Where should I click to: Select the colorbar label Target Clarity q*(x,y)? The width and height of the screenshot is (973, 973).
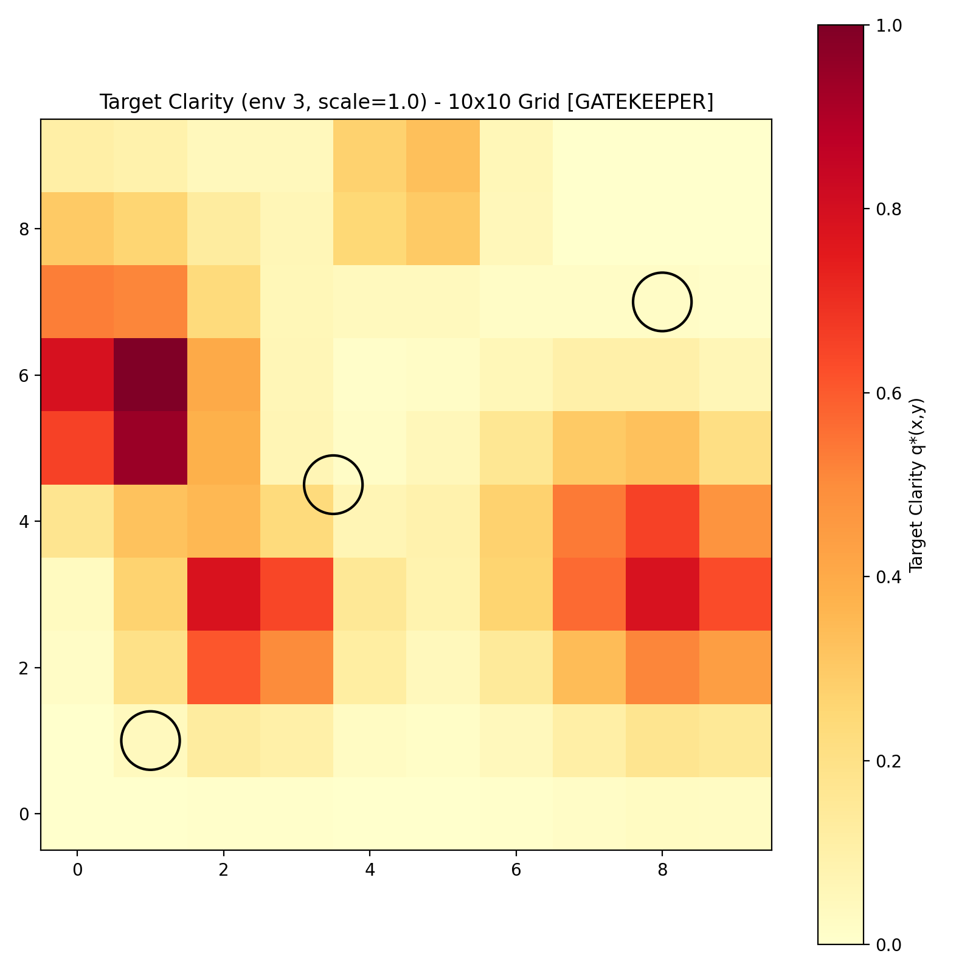click(916, 485)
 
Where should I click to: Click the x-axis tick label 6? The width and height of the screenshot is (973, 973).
click(516, 870)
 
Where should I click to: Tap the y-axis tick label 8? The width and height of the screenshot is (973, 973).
click(24, 229)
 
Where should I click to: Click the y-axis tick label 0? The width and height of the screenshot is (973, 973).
click(24, 814)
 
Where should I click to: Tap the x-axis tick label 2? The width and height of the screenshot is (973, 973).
click(224, 870)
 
